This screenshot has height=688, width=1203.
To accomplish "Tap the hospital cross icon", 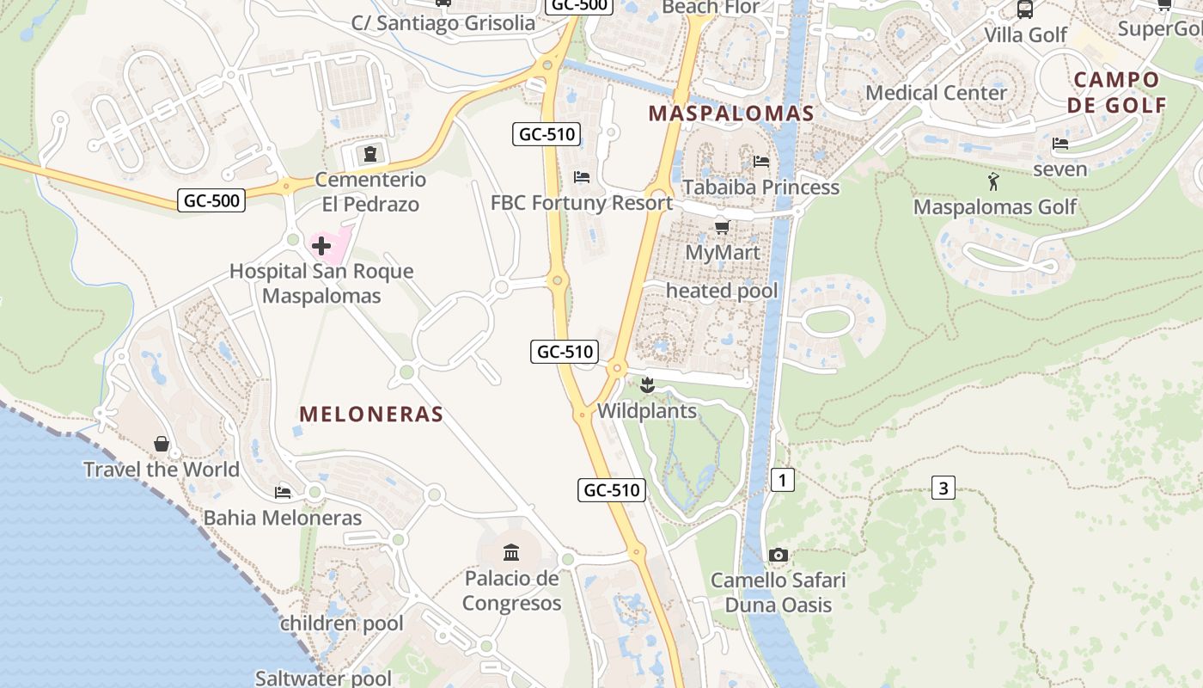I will click(321, 247).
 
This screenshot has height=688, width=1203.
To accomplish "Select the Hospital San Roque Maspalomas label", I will click(321, 284).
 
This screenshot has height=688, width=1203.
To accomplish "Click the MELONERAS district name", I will click(371, 415).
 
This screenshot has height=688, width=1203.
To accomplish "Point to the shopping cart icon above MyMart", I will click(722, 227).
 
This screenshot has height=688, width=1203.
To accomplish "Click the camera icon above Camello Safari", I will click(779, 555).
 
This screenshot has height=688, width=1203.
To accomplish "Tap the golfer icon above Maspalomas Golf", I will click(994, 181).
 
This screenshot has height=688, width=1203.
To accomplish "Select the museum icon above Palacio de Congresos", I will click(511, 552).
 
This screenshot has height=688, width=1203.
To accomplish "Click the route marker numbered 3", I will click(943, 488).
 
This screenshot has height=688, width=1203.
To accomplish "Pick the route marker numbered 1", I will click(782, 480).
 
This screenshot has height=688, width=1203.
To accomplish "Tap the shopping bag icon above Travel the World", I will click(162, 444).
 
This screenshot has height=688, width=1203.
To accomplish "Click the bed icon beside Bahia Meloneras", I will click(283, 493).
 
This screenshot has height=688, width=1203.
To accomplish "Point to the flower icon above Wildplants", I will click(647, 385).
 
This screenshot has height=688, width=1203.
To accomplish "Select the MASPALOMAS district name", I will click(731, 114).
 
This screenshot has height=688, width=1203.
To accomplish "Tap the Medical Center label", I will click(937, 93).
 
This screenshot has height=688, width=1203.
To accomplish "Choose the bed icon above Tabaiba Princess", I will click(761, 161).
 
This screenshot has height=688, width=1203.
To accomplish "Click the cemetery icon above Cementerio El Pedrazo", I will click(370, 155).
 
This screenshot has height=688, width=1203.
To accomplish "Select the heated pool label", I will click(722, 291).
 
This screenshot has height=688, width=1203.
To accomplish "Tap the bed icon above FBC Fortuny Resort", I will click(582, 177).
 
